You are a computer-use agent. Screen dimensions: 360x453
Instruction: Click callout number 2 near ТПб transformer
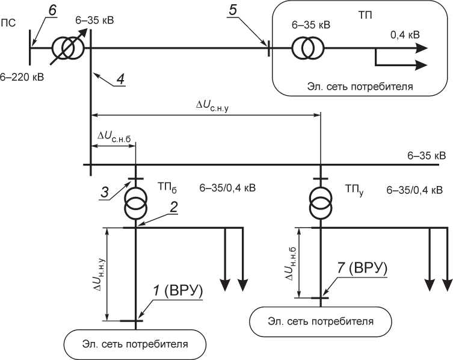pyautogui.click(x=173, y=206)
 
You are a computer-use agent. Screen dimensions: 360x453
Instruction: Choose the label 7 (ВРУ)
pyautogui.click(x=361, y=268)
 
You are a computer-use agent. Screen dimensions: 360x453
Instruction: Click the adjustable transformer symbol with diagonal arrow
pyautogui.click(x=66, y=48)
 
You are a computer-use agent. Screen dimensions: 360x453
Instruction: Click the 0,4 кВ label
pyautogui.click(x=405, y=36)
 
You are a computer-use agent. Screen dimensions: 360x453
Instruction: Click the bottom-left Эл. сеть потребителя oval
pyautogui.click(x=135, y=345)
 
